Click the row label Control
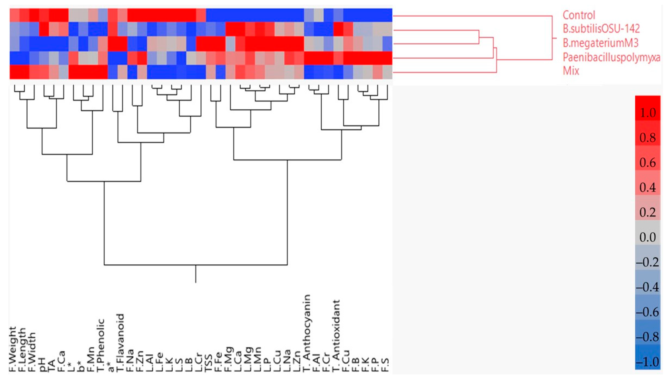(x=578, y=15)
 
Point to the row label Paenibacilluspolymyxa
(x=611, y=57)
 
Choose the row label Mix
(x=571, y=71)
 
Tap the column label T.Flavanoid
(x=121, y=343)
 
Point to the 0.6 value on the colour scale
(x=648, y=163)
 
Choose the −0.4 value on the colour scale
(x=648, y=287)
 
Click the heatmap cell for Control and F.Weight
(x=15, y=15)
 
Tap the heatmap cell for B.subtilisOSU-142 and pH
(x=44, y=29)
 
